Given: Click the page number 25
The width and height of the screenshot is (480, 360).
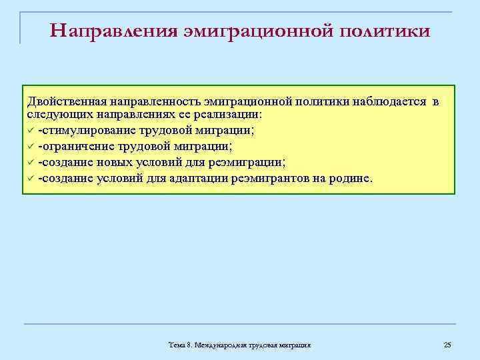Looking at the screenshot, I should pos(447,345).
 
